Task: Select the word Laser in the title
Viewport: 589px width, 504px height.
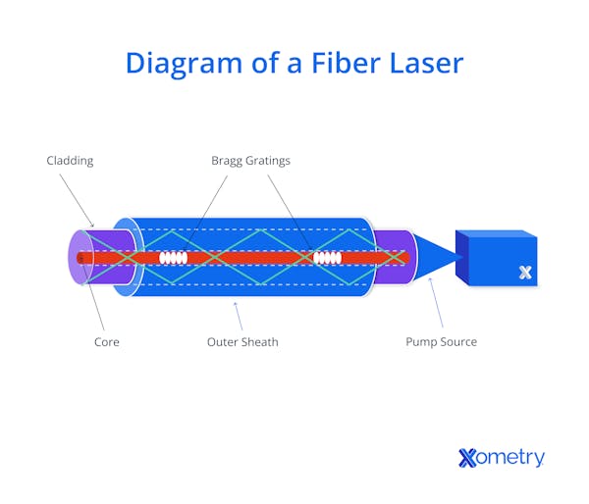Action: [420, 63]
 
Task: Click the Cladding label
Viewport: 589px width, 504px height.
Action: [69, 160]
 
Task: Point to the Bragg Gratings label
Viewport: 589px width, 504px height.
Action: [250, 160]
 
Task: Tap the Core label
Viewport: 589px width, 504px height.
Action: [106, 342]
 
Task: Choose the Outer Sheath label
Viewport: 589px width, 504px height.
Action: [242, 342]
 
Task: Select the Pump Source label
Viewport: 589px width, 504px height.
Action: [441, 342]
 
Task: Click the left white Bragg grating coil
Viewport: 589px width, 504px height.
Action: [173, 258]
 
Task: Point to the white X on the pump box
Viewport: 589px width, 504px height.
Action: [525, 273]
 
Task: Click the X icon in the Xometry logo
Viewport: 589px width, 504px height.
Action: [467, 457]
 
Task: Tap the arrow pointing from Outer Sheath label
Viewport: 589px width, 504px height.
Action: [237, 316]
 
